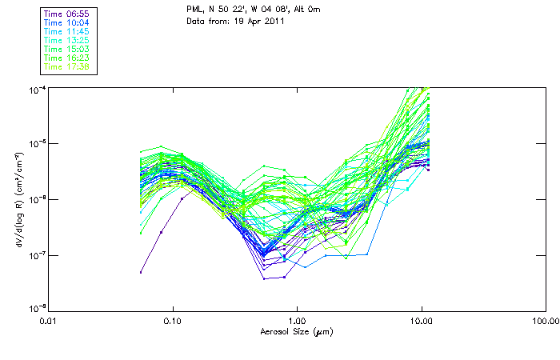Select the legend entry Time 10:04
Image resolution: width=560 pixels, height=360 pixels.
point(67,23)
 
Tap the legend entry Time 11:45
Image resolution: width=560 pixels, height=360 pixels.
point(67,32)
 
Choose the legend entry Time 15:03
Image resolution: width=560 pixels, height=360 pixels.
point(67,50)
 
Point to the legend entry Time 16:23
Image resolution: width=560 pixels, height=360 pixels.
point(67,58)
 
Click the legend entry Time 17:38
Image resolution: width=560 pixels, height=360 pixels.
point(67,67)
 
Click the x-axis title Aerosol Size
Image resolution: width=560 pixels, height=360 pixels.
point(297,331)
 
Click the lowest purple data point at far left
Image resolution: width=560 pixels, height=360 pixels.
point(141,272)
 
